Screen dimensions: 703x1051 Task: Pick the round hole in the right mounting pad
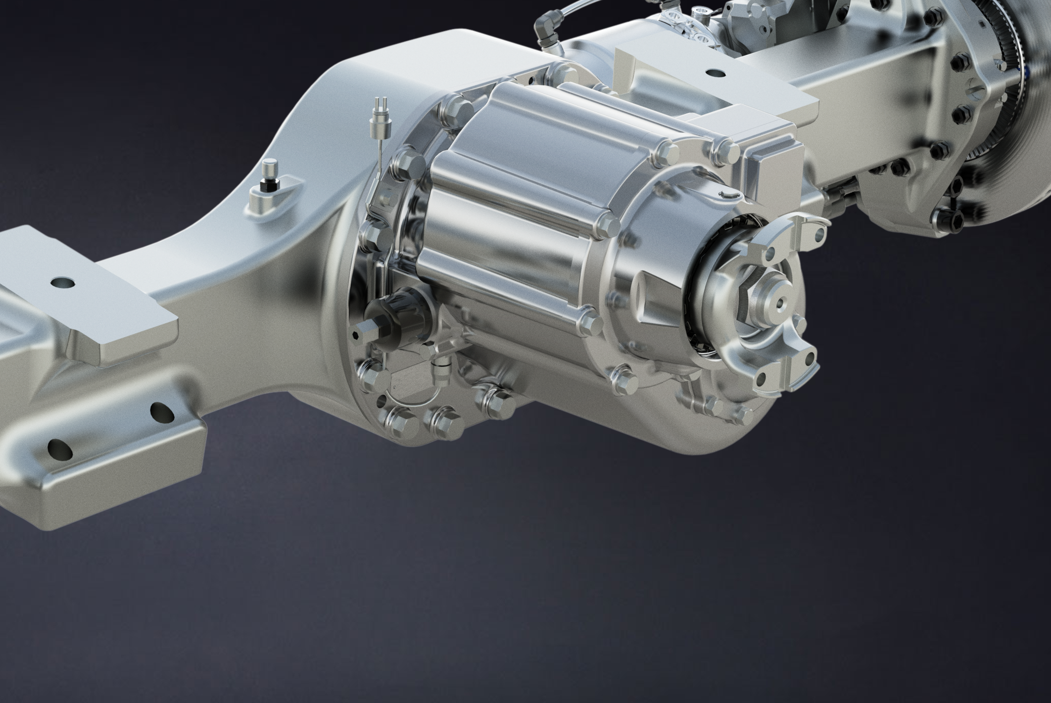(x=714, y=72)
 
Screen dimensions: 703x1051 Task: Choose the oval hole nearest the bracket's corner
(x=160, y=409)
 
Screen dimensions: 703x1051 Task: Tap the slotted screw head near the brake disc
(x=976, y=92)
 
